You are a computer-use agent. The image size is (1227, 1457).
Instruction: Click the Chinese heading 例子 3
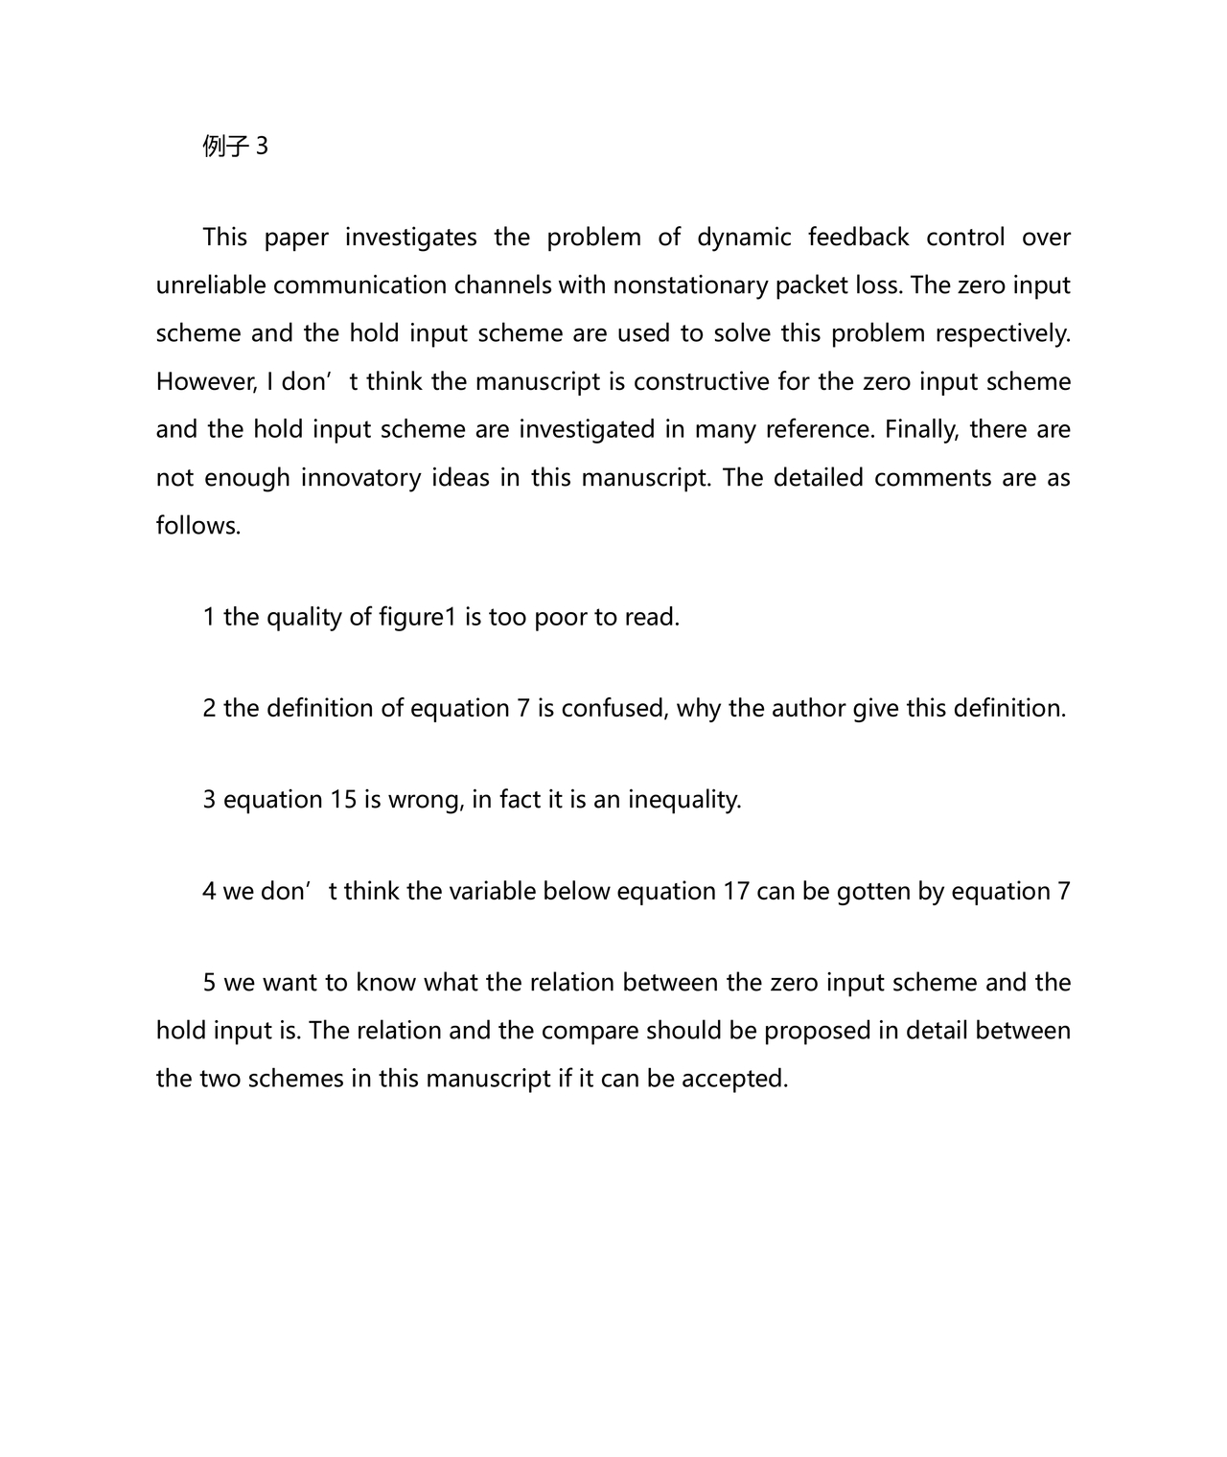[235, 147]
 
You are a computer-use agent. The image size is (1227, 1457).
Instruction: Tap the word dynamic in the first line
[744, 238]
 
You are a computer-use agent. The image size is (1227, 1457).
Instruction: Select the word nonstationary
[690, 285]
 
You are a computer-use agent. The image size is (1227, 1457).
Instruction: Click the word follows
[198, 525]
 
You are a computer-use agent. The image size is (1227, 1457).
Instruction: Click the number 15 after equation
[343, 800]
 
